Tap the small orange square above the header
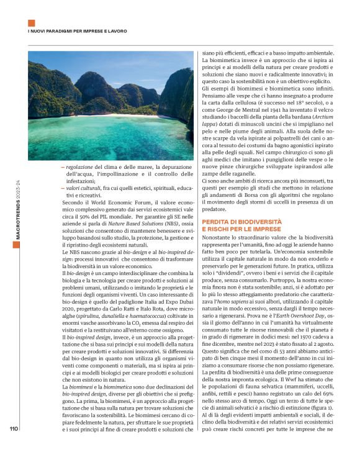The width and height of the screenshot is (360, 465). click(32, 23)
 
